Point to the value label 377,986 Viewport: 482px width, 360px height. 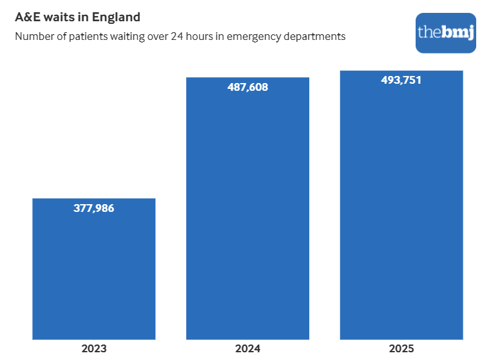pyautogui.click(x=94, y=208)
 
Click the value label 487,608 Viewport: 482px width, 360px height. pyautogui.click(x=247, y=87)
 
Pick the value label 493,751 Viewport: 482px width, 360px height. pyautogui.click(x=401, y=80)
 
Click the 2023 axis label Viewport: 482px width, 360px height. pyautogui.click(x=94, y=349)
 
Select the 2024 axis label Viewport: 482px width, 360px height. pyautogui.click(x=247, y=349)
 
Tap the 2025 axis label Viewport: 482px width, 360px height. pyautogui.click(x=401, y=349)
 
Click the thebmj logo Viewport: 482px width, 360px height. pyautogui.click(x=446, y=32)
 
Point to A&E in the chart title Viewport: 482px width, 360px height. pyautogui.click(x=28, y=17)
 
